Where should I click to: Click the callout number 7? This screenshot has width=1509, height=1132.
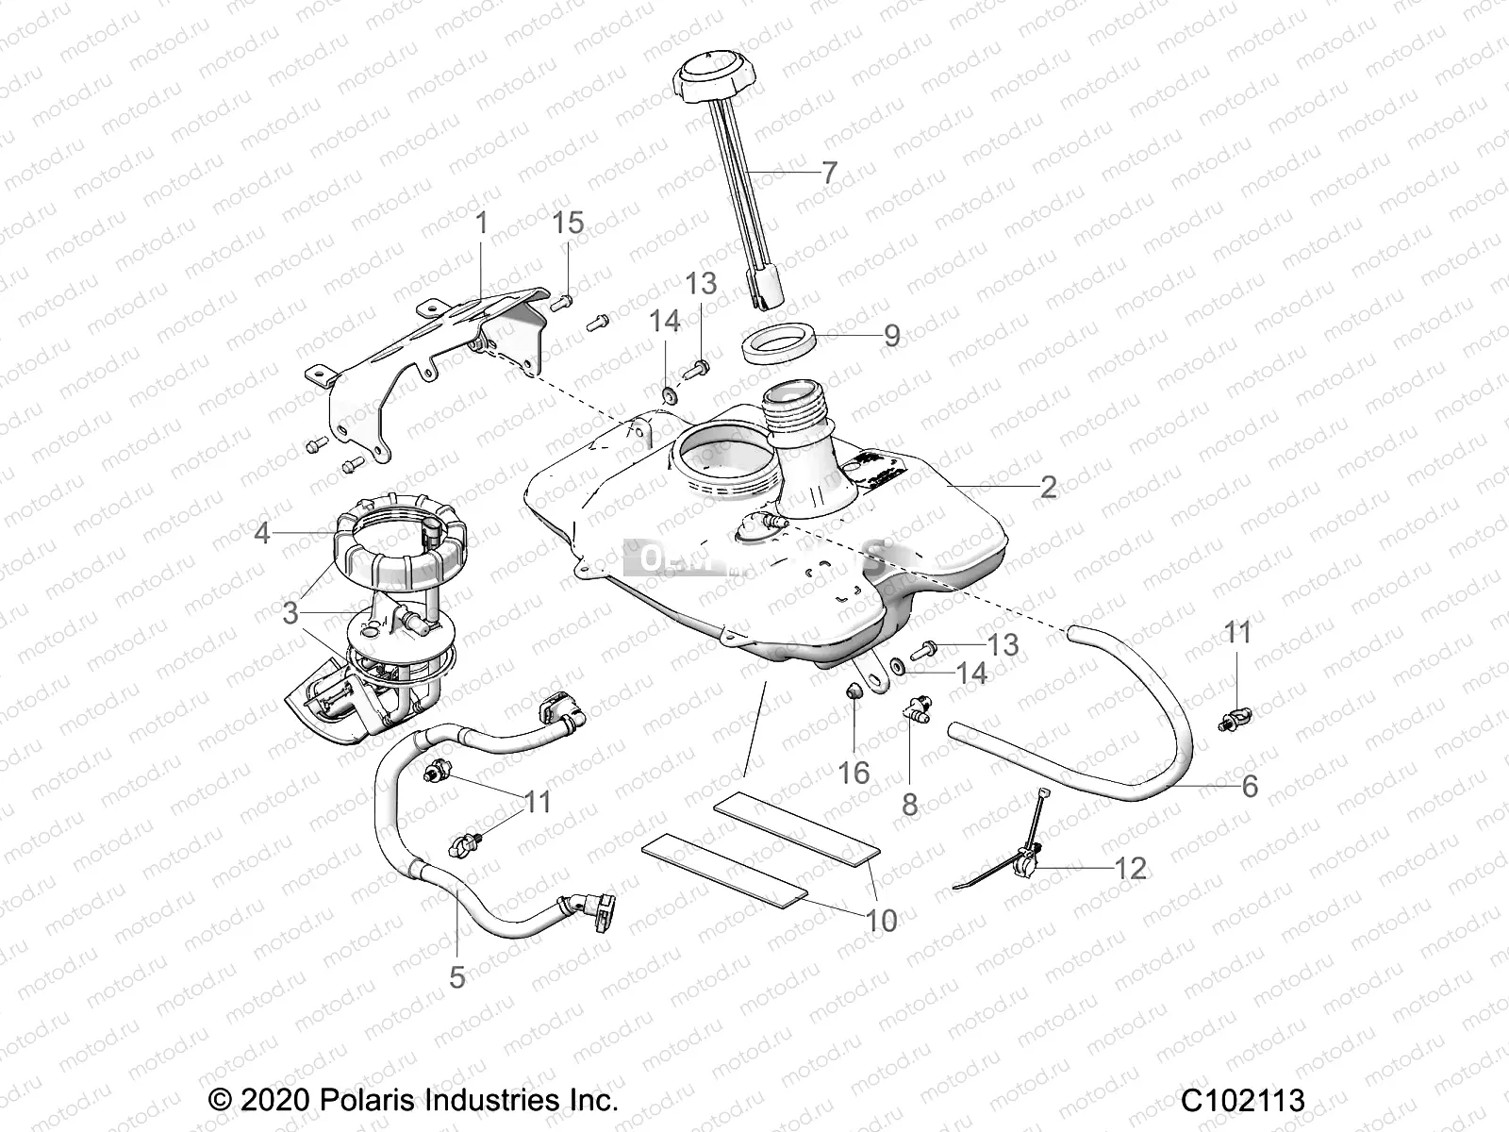[829, 173]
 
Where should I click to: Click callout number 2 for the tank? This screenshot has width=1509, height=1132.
[1048, 488]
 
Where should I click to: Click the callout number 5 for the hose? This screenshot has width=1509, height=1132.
[457, 976]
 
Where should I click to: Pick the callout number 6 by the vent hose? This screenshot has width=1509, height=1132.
[1250, 785]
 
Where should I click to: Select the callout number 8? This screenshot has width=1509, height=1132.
[909, 804]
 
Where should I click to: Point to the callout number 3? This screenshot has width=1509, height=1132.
[290, 613]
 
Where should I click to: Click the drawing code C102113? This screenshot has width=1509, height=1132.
[1243, 1100]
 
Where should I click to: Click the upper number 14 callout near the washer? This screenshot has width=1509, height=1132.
[664, 321]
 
